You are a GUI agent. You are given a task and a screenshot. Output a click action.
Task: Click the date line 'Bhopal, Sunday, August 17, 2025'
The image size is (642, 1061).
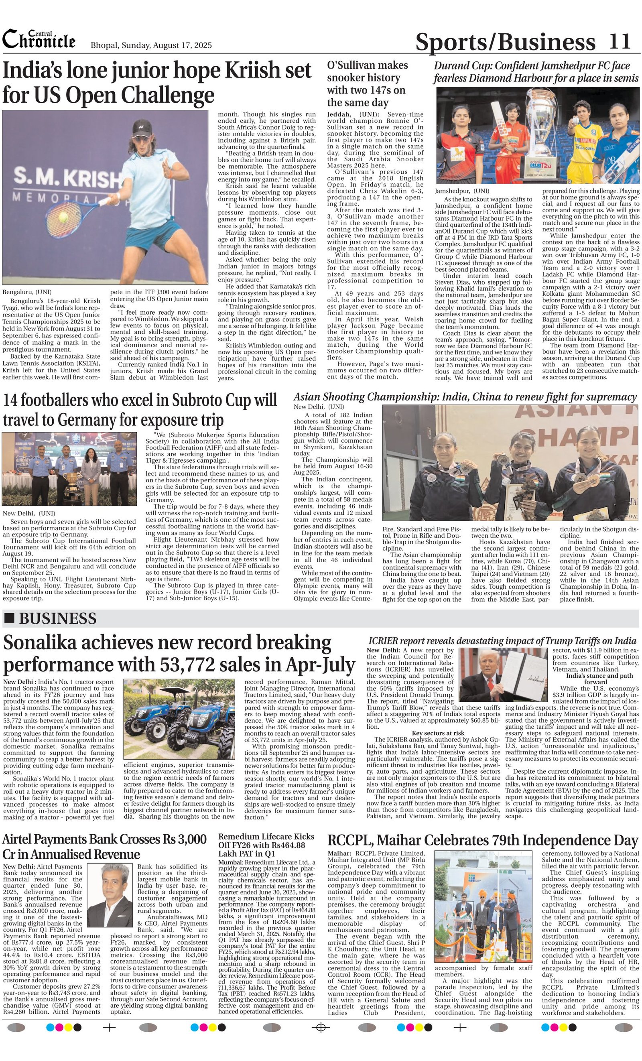click(151, 45)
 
